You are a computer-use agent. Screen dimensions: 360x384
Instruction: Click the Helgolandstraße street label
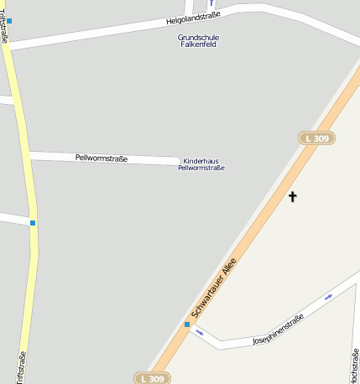[x=195, y=18]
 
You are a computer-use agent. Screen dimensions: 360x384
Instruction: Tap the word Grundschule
[x=192, y=37]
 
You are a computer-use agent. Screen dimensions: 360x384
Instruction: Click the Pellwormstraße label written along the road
[x=101, y=158]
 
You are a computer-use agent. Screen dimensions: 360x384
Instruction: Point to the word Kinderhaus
[x=201, y=160]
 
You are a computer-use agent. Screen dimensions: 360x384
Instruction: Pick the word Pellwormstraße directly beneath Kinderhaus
[x=201, y=168]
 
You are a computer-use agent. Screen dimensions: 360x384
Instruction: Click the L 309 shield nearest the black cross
[x=316, y=138]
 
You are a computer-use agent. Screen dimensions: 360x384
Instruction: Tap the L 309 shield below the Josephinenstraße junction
[x=152, y=379]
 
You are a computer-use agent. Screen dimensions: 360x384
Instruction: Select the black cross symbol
[x=293, y=197]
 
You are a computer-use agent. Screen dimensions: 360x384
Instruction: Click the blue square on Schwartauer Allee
[x=187, y=324]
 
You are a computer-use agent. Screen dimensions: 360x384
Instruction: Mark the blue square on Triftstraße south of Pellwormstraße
[x=33, y=222]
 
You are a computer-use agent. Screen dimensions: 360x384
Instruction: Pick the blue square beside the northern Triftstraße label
[x=9, y=20]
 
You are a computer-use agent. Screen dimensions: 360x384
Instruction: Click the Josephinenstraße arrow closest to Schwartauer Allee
[x=200, y=332]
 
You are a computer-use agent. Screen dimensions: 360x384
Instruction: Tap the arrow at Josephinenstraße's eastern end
[x=328, y=296]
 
